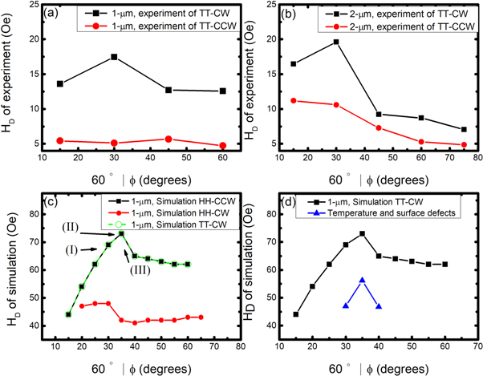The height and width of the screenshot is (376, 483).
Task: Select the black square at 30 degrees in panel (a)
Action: point(115,57)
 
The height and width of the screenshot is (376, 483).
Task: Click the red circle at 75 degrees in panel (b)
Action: point(464,145)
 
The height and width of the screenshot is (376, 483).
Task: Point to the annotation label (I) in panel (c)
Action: point(70,249)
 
